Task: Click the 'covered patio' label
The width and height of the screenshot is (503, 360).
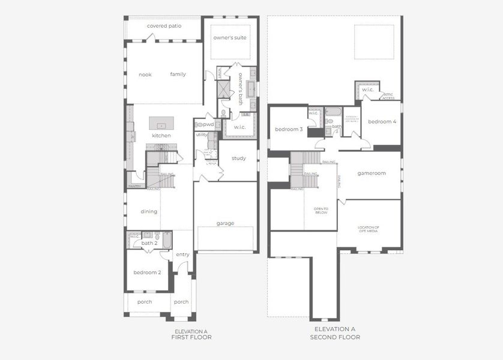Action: tap(164, 26)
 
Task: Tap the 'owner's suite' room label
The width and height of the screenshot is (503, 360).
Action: tap(230, 38)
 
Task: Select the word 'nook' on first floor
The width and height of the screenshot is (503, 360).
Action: tap(145, 74)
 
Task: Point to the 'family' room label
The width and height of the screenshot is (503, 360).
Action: tap(178, 74)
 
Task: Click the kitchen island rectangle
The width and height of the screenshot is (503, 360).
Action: tap(161, 124)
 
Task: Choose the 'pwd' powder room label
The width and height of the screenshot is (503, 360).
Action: tap(208, 124)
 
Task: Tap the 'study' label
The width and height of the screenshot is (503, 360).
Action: tap(239, 158)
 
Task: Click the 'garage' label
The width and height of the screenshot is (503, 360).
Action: tap(226, 223)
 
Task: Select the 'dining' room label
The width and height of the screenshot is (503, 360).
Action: tap(149, 211)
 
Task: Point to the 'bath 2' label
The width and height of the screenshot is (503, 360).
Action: tap(149, 243)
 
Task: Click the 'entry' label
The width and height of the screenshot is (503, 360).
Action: tap(182, 254)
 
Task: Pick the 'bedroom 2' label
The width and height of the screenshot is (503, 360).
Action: tap(147, 272)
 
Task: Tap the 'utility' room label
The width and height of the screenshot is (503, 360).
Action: tap(202, 135)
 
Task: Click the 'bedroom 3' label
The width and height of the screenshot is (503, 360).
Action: tap(289, 129)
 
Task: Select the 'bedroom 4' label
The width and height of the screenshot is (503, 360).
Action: tap(382, 122)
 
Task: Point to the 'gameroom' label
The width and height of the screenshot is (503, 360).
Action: tap(372, 173)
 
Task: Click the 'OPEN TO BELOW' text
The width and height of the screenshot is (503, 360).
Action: tap(321, 211)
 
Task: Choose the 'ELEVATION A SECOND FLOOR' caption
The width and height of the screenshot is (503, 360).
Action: tap(335, 333)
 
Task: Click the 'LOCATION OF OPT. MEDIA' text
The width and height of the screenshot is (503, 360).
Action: tap(369, 229)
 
